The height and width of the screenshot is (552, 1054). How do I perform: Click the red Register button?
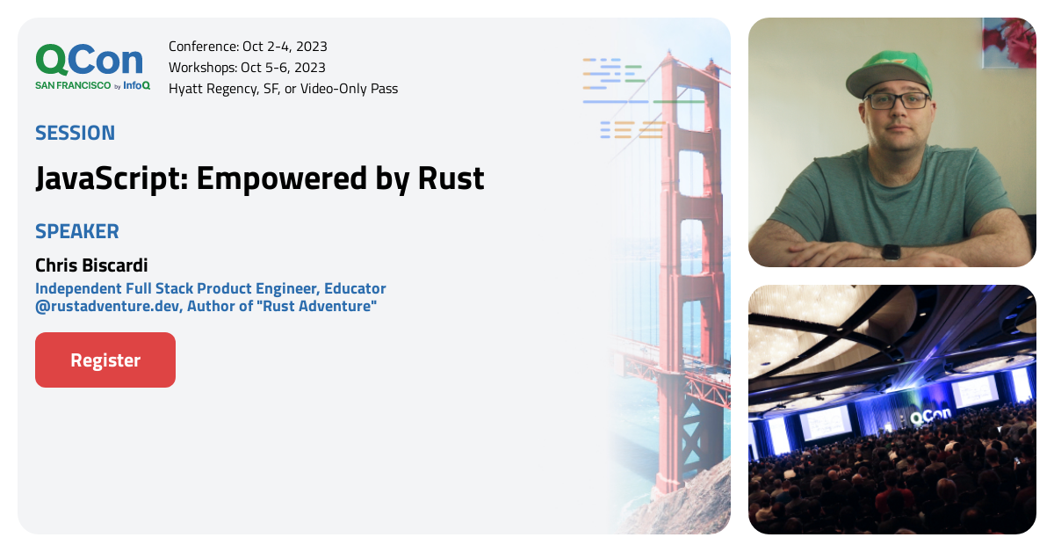click(105, 360)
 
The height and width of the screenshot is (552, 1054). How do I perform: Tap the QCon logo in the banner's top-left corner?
click(89, 61)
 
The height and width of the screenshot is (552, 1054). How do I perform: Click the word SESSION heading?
click(75, 134)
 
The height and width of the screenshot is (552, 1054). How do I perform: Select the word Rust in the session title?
click(451, 178)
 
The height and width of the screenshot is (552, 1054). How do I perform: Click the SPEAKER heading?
click(77, 232)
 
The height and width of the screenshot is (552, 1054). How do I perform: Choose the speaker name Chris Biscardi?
click(91, 265)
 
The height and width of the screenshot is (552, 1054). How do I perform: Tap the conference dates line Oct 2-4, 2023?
click(285, 47)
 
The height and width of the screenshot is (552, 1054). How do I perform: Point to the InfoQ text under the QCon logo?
click(137, 85)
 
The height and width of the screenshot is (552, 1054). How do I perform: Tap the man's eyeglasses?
click(898, 100)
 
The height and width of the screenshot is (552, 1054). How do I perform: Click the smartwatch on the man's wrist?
click(891, 251)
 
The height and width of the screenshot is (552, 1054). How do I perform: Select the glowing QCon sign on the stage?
click(932, 418)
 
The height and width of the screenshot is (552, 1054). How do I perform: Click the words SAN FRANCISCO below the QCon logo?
click(73, 85)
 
